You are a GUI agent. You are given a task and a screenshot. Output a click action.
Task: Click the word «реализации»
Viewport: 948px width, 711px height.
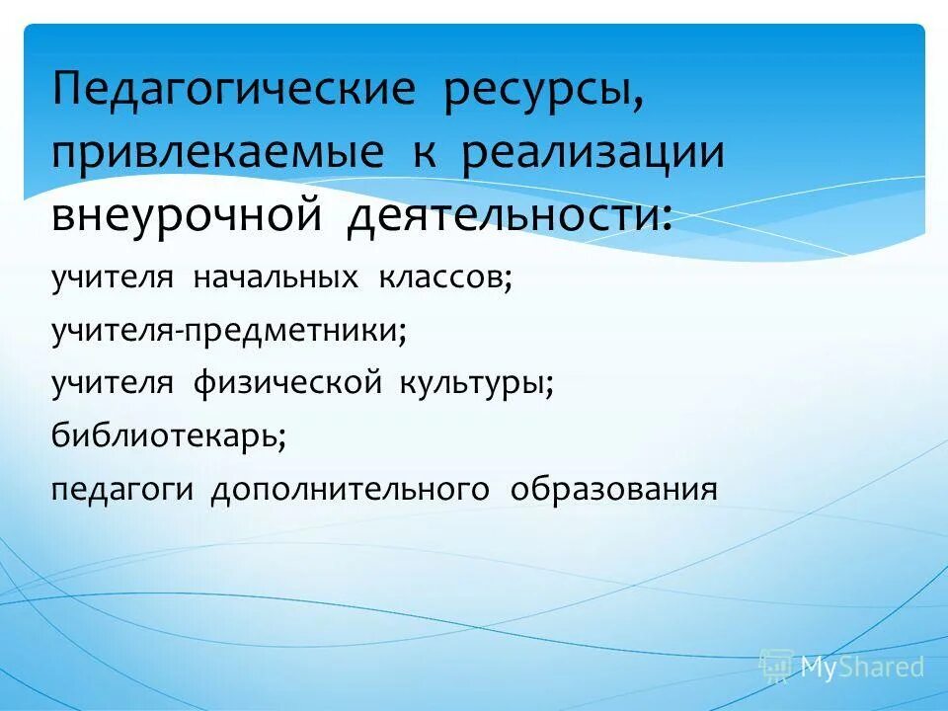click(x=593, y=152)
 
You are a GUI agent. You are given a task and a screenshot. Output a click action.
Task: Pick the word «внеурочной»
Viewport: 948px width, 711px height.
click(x=187, y=213)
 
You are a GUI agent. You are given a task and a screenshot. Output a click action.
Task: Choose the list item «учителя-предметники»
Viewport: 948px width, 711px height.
click(x=229, y=331)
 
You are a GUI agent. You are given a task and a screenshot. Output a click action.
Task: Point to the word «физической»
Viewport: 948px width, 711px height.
click(x=285, y=383)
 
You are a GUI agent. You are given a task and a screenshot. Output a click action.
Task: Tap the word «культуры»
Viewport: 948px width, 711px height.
click(x=473, y=383)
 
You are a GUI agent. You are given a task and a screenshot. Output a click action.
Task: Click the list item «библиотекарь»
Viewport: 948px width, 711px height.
click(x=169, y=435)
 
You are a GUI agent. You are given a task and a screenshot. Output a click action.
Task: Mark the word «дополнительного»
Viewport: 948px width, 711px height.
click(x=350, y=488)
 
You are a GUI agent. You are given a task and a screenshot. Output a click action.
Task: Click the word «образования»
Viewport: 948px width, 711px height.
click(x=613, y=488)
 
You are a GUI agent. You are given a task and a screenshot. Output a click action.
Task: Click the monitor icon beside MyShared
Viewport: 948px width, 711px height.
click(x=775, y=667)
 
